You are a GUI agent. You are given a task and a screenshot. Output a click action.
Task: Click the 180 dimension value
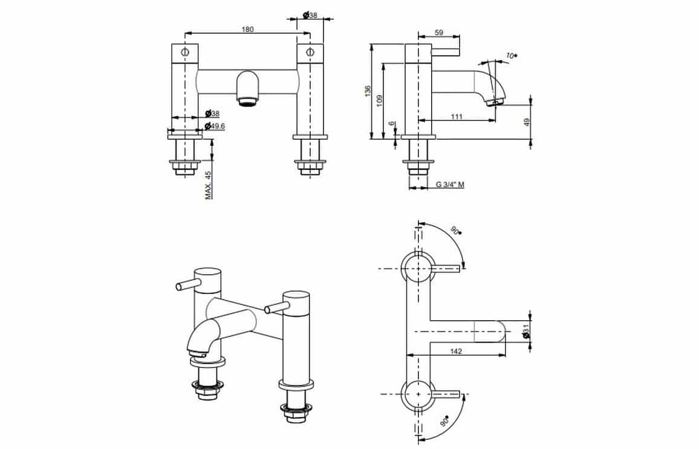pos(247,30)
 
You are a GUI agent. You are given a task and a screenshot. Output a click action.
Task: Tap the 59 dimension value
pos(438,33)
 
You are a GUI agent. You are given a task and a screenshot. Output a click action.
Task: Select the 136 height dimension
pos(367,91)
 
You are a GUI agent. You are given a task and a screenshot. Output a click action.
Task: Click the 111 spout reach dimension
pos(457,117)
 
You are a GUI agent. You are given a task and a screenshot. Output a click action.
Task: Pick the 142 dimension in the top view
pos(455,351)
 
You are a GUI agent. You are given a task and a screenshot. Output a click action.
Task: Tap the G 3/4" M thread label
pos(450,185)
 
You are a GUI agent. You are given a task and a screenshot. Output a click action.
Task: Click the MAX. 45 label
pos(209,185)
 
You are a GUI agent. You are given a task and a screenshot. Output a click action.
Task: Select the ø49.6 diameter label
pos(215,126)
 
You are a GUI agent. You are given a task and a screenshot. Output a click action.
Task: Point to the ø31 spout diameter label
pos(526,331)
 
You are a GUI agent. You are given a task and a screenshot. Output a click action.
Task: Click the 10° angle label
pos(512,56)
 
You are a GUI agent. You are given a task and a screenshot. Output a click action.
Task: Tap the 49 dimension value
pos(527,122)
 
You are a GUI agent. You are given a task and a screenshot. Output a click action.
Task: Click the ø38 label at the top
pos(310,15)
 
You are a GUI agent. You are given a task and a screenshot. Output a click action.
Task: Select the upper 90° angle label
pos(456,231)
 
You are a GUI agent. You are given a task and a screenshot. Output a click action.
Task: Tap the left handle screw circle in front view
pos(185,52)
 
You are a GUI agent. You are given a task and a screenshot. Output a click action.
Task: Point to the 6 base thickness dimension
pos(392,123)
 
